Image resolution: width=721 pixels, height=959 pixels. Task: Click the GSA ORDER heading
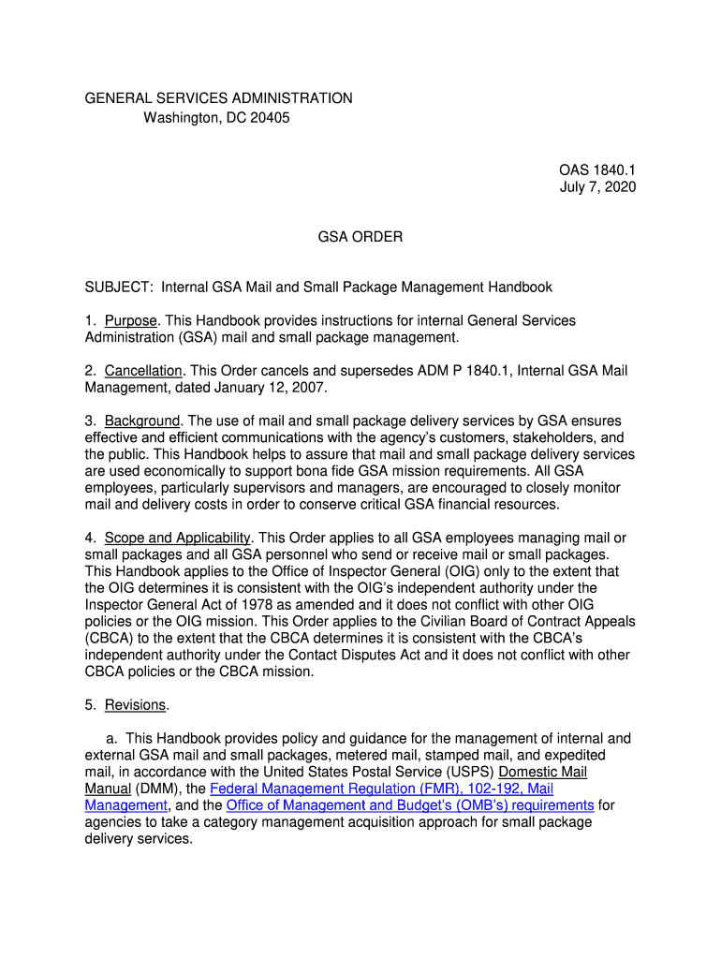[x=360, y=237]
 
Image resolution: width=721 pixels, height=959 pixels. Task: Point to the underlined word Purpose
[x=130, y=321]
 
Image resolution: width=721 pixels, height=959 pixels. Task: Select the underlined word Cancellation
[x=143, y=371]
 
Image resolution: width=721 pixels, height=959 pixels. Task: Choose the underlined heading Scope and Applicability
[x=178, y=538]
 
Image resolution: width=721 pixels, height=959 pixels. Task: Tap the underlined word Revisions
[x=135, y=704]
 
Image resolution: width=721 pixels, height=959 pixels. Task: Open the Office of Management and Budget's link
[x=410, y=805]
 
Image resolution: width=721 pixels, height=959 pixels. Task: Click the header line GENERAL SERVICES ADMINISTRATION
[x=219, y=98]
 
